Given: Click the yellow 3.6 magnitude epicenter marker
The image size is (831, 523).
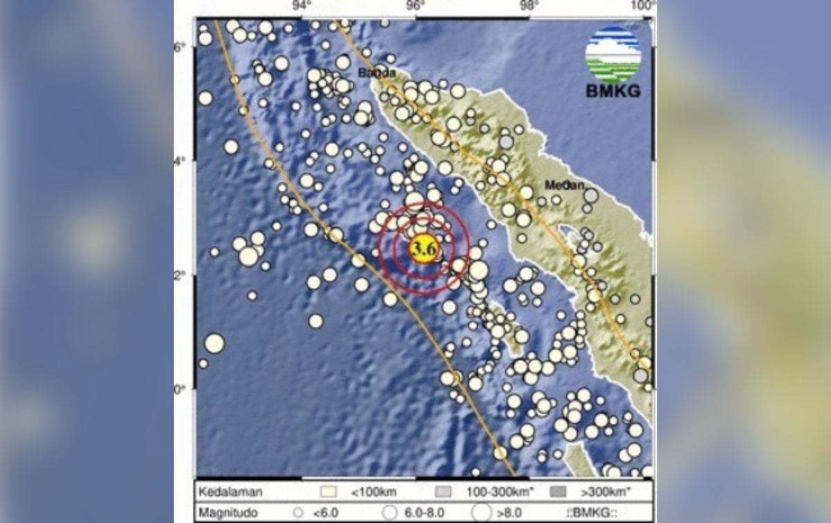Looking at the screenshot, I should (422, 247).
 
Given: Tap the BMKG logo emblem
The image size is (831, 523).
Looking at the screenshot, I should (613, 55).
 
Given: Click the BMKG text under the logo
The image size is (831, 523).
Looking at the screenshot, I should (613, 91).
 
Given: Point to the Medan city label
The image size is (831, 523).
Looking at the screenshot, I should (565, 185).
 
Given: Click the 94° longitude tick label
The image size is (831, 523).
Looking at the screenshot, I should (301, 7).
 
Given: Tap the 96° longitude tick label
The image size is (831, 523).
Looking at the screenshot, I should (415, 7).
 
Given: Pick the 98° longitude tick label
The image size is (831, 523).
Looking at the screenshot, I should (530, 7).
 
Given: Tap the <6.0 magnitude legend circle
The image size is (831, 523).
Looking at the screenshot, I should (298, 513).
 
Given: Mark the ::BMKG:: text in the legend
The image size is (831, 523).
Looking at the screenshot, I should (591, 513).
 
